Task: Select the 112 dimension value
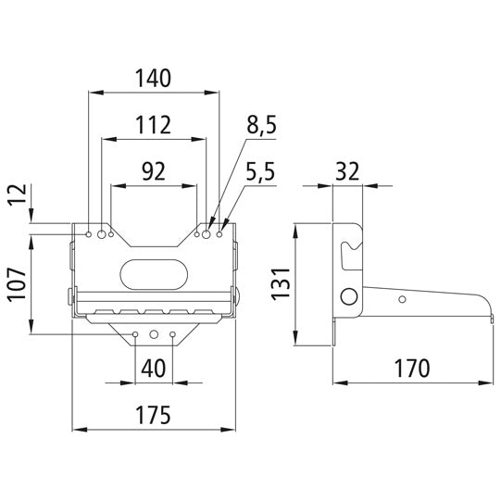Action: point(154,124)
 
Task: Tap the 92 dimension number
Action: point(154,170)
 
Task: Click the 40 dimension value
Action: point(154,369)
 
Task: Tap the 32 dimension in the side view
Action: point(346,171)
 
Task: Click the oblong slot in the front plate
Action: point(153,273)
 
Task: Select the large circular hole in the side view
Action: point(349,295)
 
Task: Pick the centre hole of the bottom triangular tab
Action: point(155,334)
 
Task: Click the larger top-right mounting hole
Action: point(207,235)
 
